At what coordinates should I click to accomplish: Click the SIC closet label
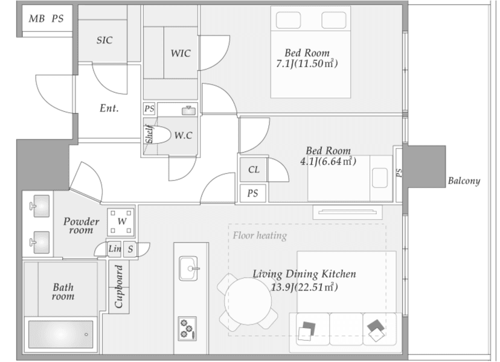click(x=104, y=40)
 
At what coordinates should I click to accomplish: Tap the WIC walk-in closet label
click(x=181, y=53)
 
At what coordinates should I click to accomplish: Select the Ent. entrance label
click(x=109, y=109)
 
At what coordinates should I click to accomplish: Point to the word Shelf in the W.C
click(x=149, y=134)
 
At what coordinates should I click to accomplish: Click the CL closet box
click(x=254, y=170)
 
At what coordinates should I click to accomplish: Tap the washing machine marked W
click(x=121, y=222)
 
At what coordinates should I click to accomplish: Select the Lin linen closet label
click(x=115, y=249)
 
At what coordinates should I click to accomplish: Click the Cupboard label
click(x=119, y=287)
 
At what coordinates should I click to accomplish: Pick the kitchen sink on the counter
click(x=188, y=268)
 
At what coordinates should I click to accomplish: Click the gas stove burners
click(x=187, y=329)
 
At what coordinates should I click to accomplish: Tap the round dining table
click(x=248, y=301)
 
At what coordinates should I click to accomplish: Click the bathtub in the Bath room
click(x=60, y=334)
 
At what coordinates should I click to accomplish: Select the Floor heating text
click(x=260, y=235)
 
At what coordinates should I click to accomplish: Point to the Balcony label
click(x=464, y=181)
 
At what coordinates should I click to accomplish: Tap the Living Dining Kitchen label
click(x=304, y=274)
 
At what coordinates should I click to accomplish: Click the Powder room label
click(x=81, y=226)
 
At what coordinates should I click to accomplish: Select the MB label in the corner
click(x=36, y=19)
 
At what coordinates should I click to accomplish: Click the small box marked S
click(x=130, y=249)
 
